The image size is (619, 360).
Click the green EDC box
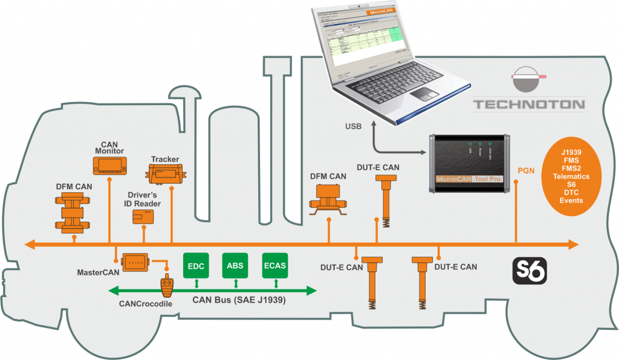pos(195,266)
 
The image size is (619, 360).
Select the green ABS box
pos(235,266)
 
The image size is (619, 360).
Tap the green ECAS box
pos(274,266)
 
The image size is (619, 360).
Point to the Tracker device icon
pos(165,175)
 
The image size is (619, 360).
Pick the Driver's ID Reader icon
pos(143,217)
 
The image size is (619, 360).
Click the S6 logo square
pos(530,271)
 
